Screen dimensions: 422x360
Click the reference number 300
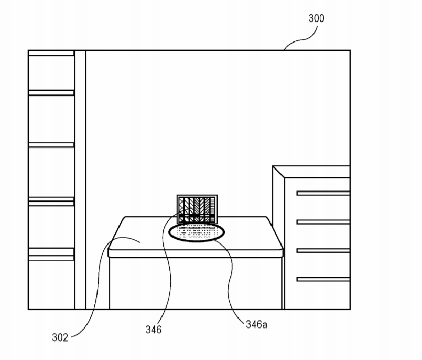pyautogui.click(x=316, y=18)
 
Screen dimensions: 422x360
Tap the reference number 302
pyautogui.click(x=60, y=337)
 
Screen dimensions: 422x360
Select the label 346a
pyautogui.click(x=256, y=324)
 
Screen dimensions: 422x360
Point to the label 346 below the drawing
pyautogui.click(x=154, y=329)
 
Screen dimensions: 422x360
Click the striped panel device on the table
pyautogui.click(x=197, y=209)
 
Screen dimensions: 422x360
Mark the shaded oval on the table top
pyautogui.click(x=197, y=232)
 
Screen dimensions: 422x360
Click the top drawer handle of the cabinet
pyautogui.click(x=323, y=193)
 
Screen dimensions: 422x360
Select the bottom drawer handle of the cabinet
pyautogui.click(x=323, y=279)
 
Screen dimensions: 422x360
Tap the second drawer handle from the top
pyautogui.click(x=323, y=222)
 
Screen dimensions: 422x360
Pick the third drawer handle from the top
pyautogui.click(x=323, y=251)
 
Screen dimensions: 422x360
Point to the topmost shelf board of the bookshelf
pyautogui.click(x=51, y=53)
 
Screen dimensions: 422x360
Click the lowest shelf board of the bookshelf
pyautogui.click(x=51, y=254)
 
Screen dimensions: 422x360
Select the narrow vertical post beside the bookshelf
pyautogui.click(x=80, y=179)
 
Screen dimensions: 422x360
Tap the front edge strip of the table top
pyautogui.click(x=196, y=253)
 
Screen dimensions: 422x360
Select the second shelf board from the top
pyautogui.click(x=51, y=93)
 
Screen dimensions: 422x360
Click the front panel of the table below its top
pyautogui.click(x=196, y=283)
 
